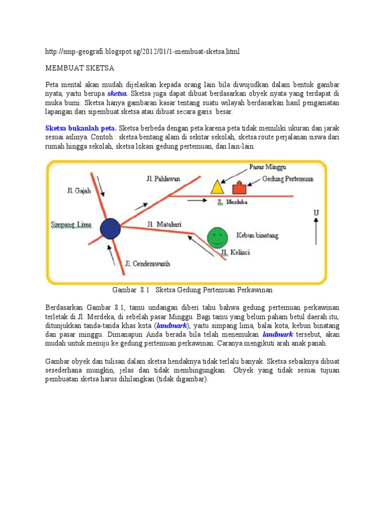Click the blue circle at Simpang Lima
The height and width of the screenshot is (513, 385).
point(110,228)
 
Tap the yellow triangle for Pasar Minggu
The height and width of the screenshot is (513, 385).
point(217,187)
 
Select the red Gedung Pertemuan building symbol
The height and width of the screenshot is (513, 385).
point(240,188)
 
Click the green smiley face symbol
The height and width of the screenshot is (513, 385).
point(217,236)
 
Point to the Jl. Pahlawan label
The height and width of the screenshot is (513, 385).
point(164,178)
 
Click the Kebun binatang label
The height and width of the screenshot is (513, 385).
point(257,235)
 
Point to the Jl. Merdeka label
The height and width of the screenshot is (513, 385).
point(233,202)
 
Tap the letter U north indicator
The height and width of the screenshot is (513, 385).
point(316,213)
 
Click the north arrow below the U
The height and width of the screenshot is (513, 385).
point(316,233)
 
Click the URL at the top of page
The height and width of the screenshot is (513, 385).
point(143,52)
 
